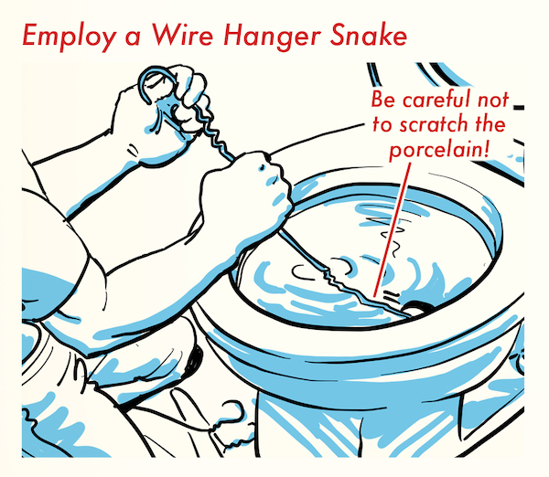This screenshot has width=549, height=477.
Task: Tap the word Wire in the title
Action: click(182, 35)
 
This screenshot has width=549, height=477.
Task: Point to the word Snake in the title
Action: click(369, 35)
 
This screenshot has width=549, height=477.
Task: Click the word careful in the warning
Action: click(436, 100)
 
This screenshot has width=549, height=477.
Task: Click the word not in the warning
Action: click(493, 100)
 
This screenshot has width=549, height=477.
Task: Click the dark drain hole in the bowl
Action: click(417, 308)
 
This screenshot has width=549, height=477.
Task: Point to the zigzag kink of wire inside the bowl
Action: click(332, 276)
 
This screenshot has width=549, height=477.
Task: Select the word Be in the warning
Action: click(383, 100)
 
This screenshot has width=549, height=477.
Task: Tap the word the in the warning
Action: click(490, 123)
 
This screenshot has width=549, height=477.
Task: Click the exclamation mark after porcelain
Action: click(485, 148)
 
